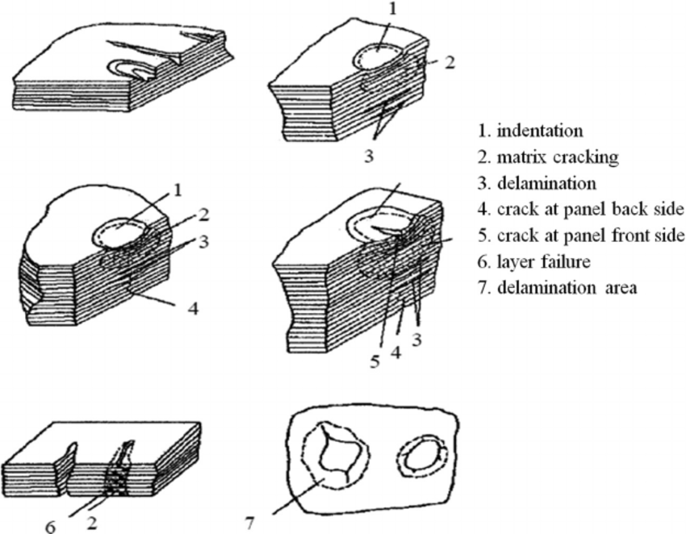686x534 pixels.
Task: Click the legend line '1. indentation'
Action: coord(539,130)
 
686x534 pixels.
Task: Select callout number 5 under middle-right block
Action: coord(374,361)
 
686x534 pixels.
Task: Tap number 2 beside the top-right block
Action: coord(448,60)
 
